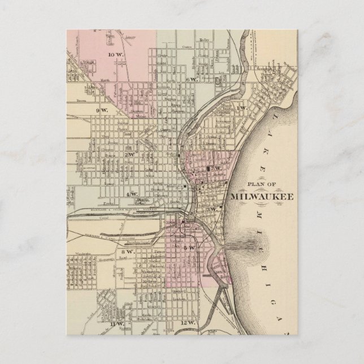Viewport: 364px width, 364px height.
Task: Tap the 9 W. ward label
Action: coord(102,110)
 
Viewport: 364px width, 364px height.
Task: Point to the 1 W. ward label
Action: coord(242,107)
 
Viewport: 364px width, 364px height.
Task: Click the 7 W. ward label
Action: coord(215,168)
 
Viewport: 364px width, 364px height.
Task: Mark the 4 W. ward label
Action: coord(132,194)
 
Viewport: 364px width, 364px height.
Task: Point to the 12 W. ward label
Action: coord(187,323)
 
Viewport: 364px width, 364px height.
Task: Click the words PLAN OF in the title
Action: coord(259,184)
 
